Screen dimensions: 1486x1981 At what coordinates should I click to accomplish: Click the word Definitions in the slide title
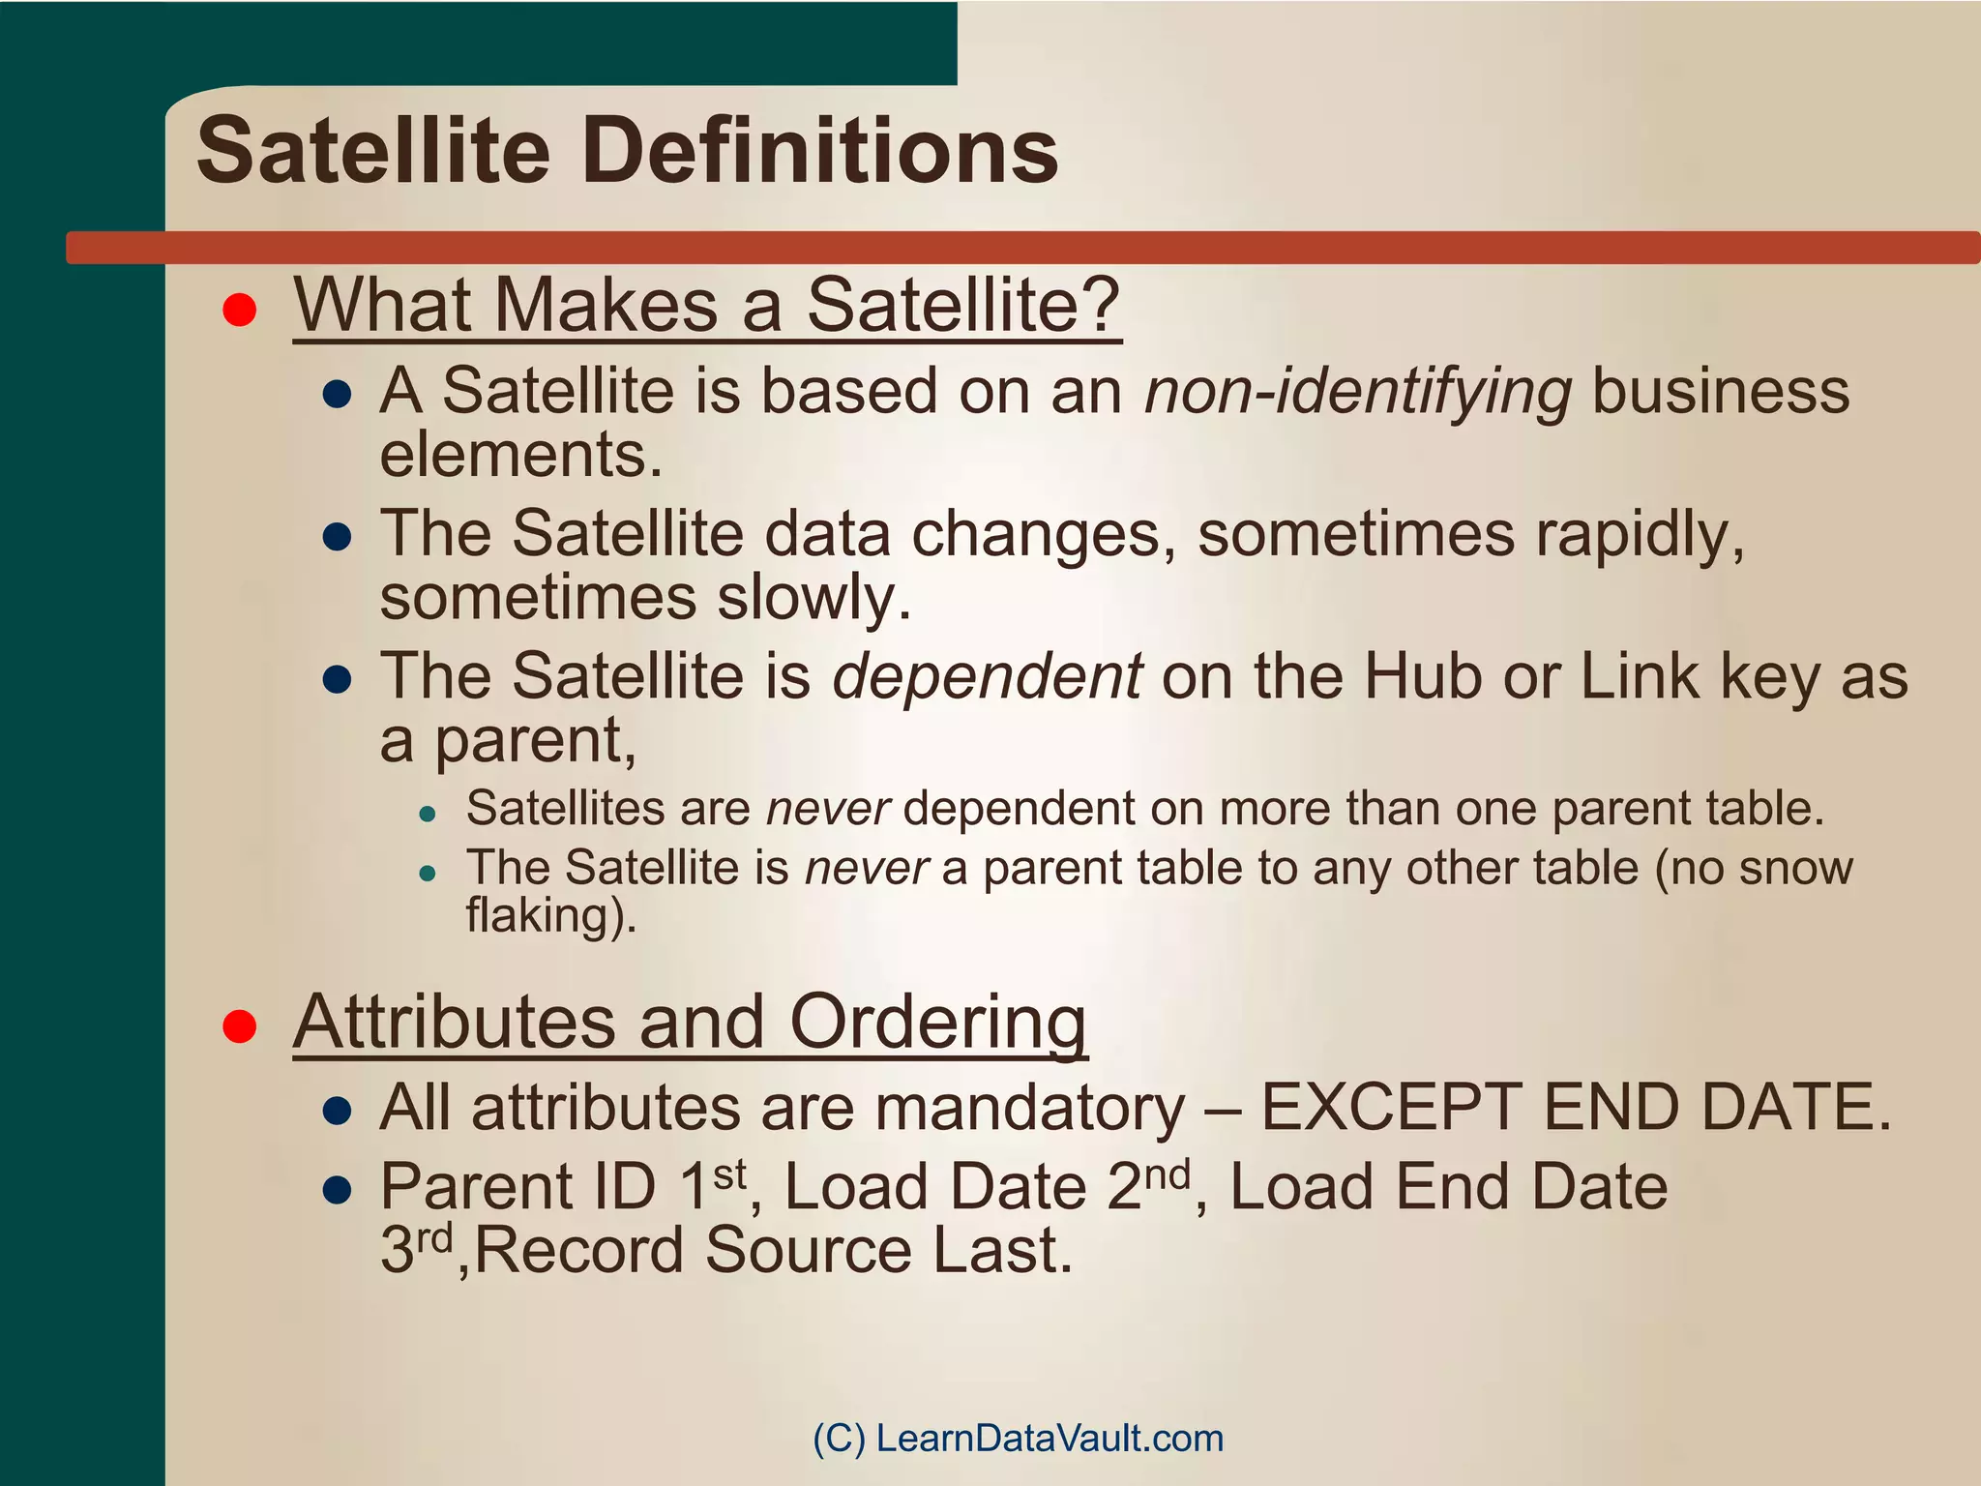click(821, 152)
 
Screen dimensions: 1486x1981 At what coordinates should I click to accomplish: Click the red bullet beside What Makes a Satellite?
click(239, 311)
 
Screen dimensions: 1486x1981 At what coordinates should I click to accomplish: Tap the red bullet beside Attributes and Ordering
click(239, 1026)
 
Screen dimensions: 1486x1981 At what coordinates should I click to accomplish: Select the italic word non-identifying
click(1357, 393)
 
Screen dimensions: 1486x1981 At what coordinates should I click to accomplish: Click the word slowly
click(813, 598)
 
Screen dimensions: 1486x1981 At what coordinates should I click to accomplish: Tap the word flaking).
click(551, 915)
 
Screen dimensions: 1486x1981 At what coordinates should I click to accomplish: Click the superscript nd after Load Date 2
click(1167, 1174)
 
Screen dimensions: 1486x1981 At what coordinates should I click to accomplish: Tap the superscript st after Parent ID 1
click(729, 1174)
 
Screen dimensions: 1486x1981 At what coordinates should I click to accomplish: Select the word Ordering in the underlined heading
click(937, 1023)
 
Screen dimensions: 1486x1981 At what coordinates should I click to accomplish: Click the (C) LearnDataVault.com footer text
click(1018, 1438)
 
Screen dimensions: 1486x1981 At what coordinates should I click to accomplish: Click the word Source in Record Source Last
click(808, 1250)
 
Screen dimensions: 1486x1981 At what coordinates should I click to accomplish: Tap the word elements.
click(520, 455)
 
